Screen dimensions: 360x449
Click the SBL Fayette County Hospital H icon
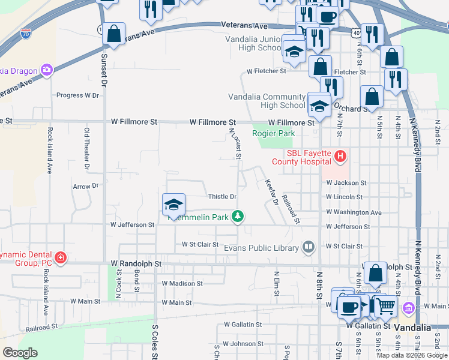[340, 157]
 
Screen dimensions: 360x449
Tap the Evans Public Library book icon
[309, 247]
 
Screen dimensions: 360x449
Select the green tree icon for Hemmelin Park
[238, 216]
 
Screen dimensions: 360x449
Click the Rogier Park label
[273, 133]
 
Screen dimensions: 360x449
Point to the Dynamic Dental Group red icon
[60, 258]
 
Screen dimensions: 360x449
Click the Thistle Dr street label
[222, 197]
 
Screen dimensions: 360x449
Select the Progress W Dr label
[77, 95]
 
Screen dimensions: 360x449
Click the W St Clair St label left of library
[200, 245]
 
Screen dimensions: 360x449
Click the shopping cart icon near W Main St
[385, 307]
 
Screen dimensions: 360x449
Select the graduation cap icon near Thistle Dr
[173, 205]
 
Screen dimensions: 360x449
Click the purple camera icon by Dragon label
[47, 71]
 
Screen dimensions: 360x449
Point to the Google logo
[20, 353]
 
